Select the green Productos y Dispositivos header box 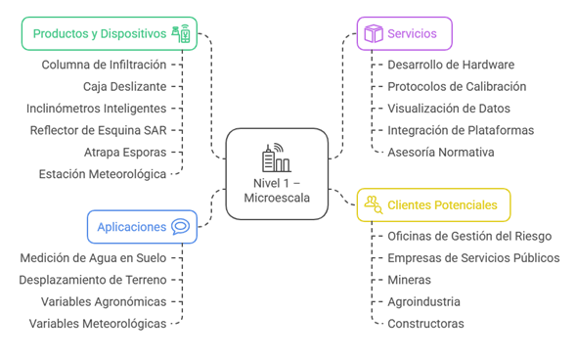109,33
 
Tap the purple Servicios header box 403,34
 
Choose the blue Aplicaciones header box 141,227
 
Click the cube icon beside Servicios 373,34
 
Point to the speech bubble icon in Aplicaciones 180,227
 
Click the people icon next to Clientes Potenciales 373,204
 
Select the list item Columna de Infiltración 104,65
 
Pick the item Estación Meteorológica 103,173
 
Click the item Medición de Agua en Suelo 93,257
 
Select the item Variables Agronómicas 103,300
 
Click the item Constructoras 425,323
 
